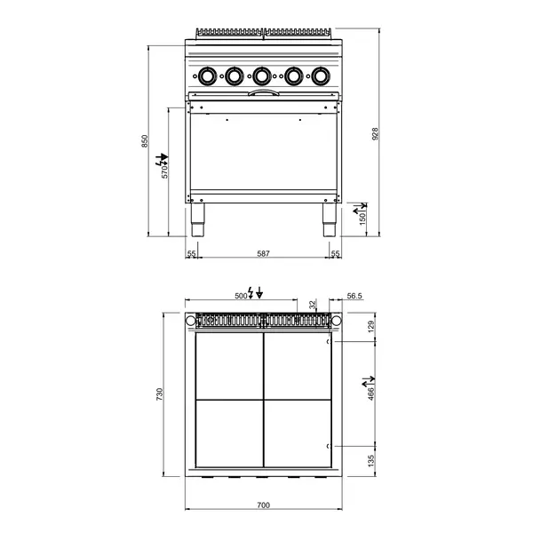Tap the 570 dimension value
(x=164, y=172)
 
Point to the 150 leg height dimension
(x=362, y=219)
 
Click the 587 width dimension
(x=263, y=254)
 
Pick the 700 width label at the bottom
(x=263, y=505)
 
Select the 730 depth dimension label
(x=159, y=394)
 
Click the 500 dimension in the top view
(x=241, y=294)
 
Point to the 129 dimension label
(x=372, y=325)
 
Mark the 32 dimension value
(x=313, y=304)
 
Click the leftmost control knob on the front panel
(x=207, y=76)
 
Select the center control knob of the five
(x=262, y=76)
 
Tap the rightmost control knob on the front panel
(x=318, y=76)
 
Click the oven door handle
(x=263, y=91)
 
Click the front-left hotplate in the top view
(x=227, y=434)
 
